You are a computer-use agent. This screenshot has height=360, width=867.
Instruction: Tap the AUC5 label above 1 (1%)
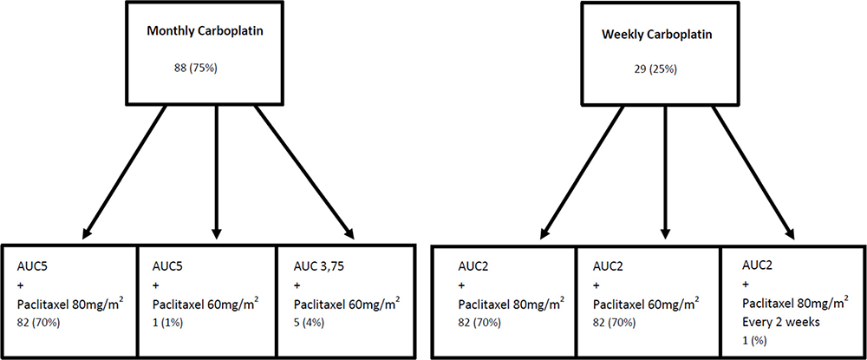pyautogui.click(x=170, y=265)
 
